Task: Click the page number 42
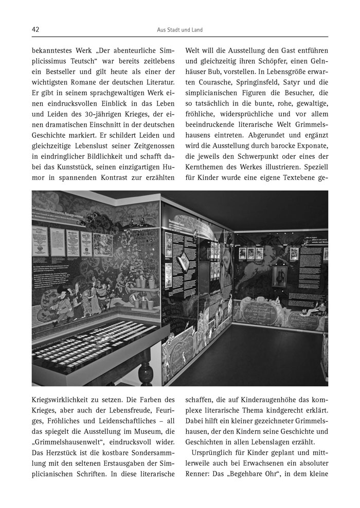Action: tap(35, 30)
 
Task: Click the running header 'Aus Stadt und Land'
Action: tap(179, 30)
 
